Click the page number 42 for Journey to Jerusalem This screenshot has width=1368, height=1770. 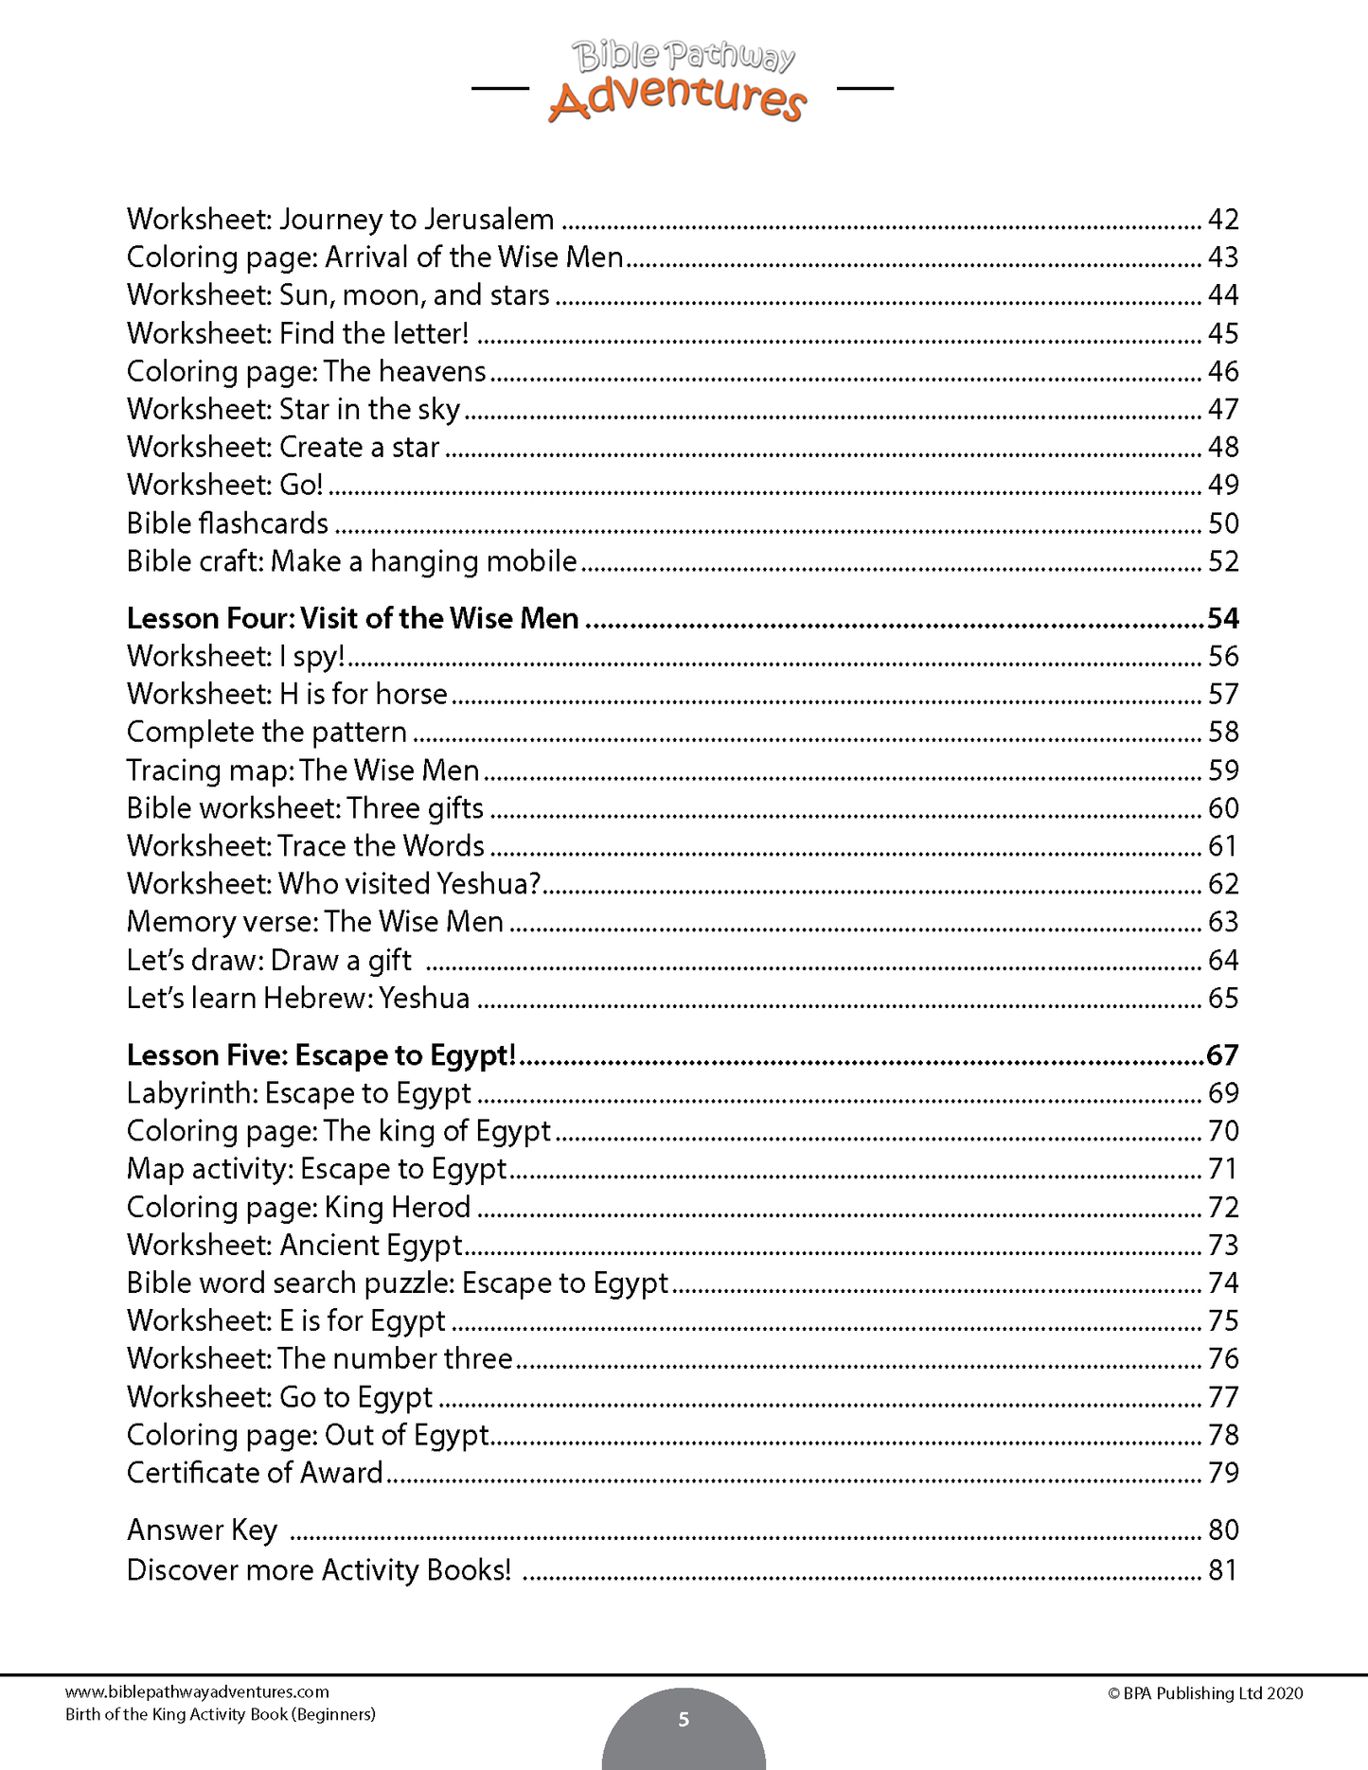[1223, 220]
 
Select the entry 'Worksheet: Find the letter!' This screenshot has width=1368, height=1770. [297, 333]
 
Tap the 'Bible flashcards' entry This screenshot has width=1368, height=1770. [227, 523]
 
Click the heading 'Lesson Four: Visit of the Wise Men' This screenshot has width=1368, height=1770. [352, 618]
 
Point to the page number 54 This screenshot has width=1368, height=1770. [1223, 618]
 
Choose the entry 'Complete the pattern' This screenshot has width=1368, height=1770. [266, 732]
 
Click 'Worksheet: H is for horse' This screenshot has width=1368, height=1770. [287, 694]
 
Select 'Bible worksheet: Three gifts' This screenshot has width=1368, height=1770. [305, 808]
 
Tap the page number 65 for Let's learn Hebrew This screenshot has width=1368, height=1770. [1223, 999]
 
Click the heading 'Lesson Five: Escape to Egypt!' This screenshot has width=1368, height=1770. [321, 1055]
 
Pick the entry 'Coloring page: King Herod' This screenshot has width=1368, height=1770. [298, 1207]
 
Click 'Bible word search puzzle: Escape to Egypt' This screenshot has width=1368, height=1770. [398, 1283]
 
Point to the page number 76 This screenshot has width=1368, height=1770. [1223, 1359]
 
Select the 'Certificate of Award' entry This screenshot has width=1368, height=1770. [255, 1473]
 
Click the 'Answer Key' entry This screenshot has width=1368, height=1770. [202, 1531]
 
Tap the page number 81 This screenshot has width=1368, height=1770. [1223, 1570]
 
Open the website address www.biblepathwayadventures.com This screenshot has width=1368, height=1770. [197, 1691]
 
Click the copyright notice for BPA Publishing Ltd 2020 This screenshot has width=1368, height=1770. [1205, 1693]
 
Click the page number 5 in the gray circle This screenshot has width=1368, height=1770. [684, 1719]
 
